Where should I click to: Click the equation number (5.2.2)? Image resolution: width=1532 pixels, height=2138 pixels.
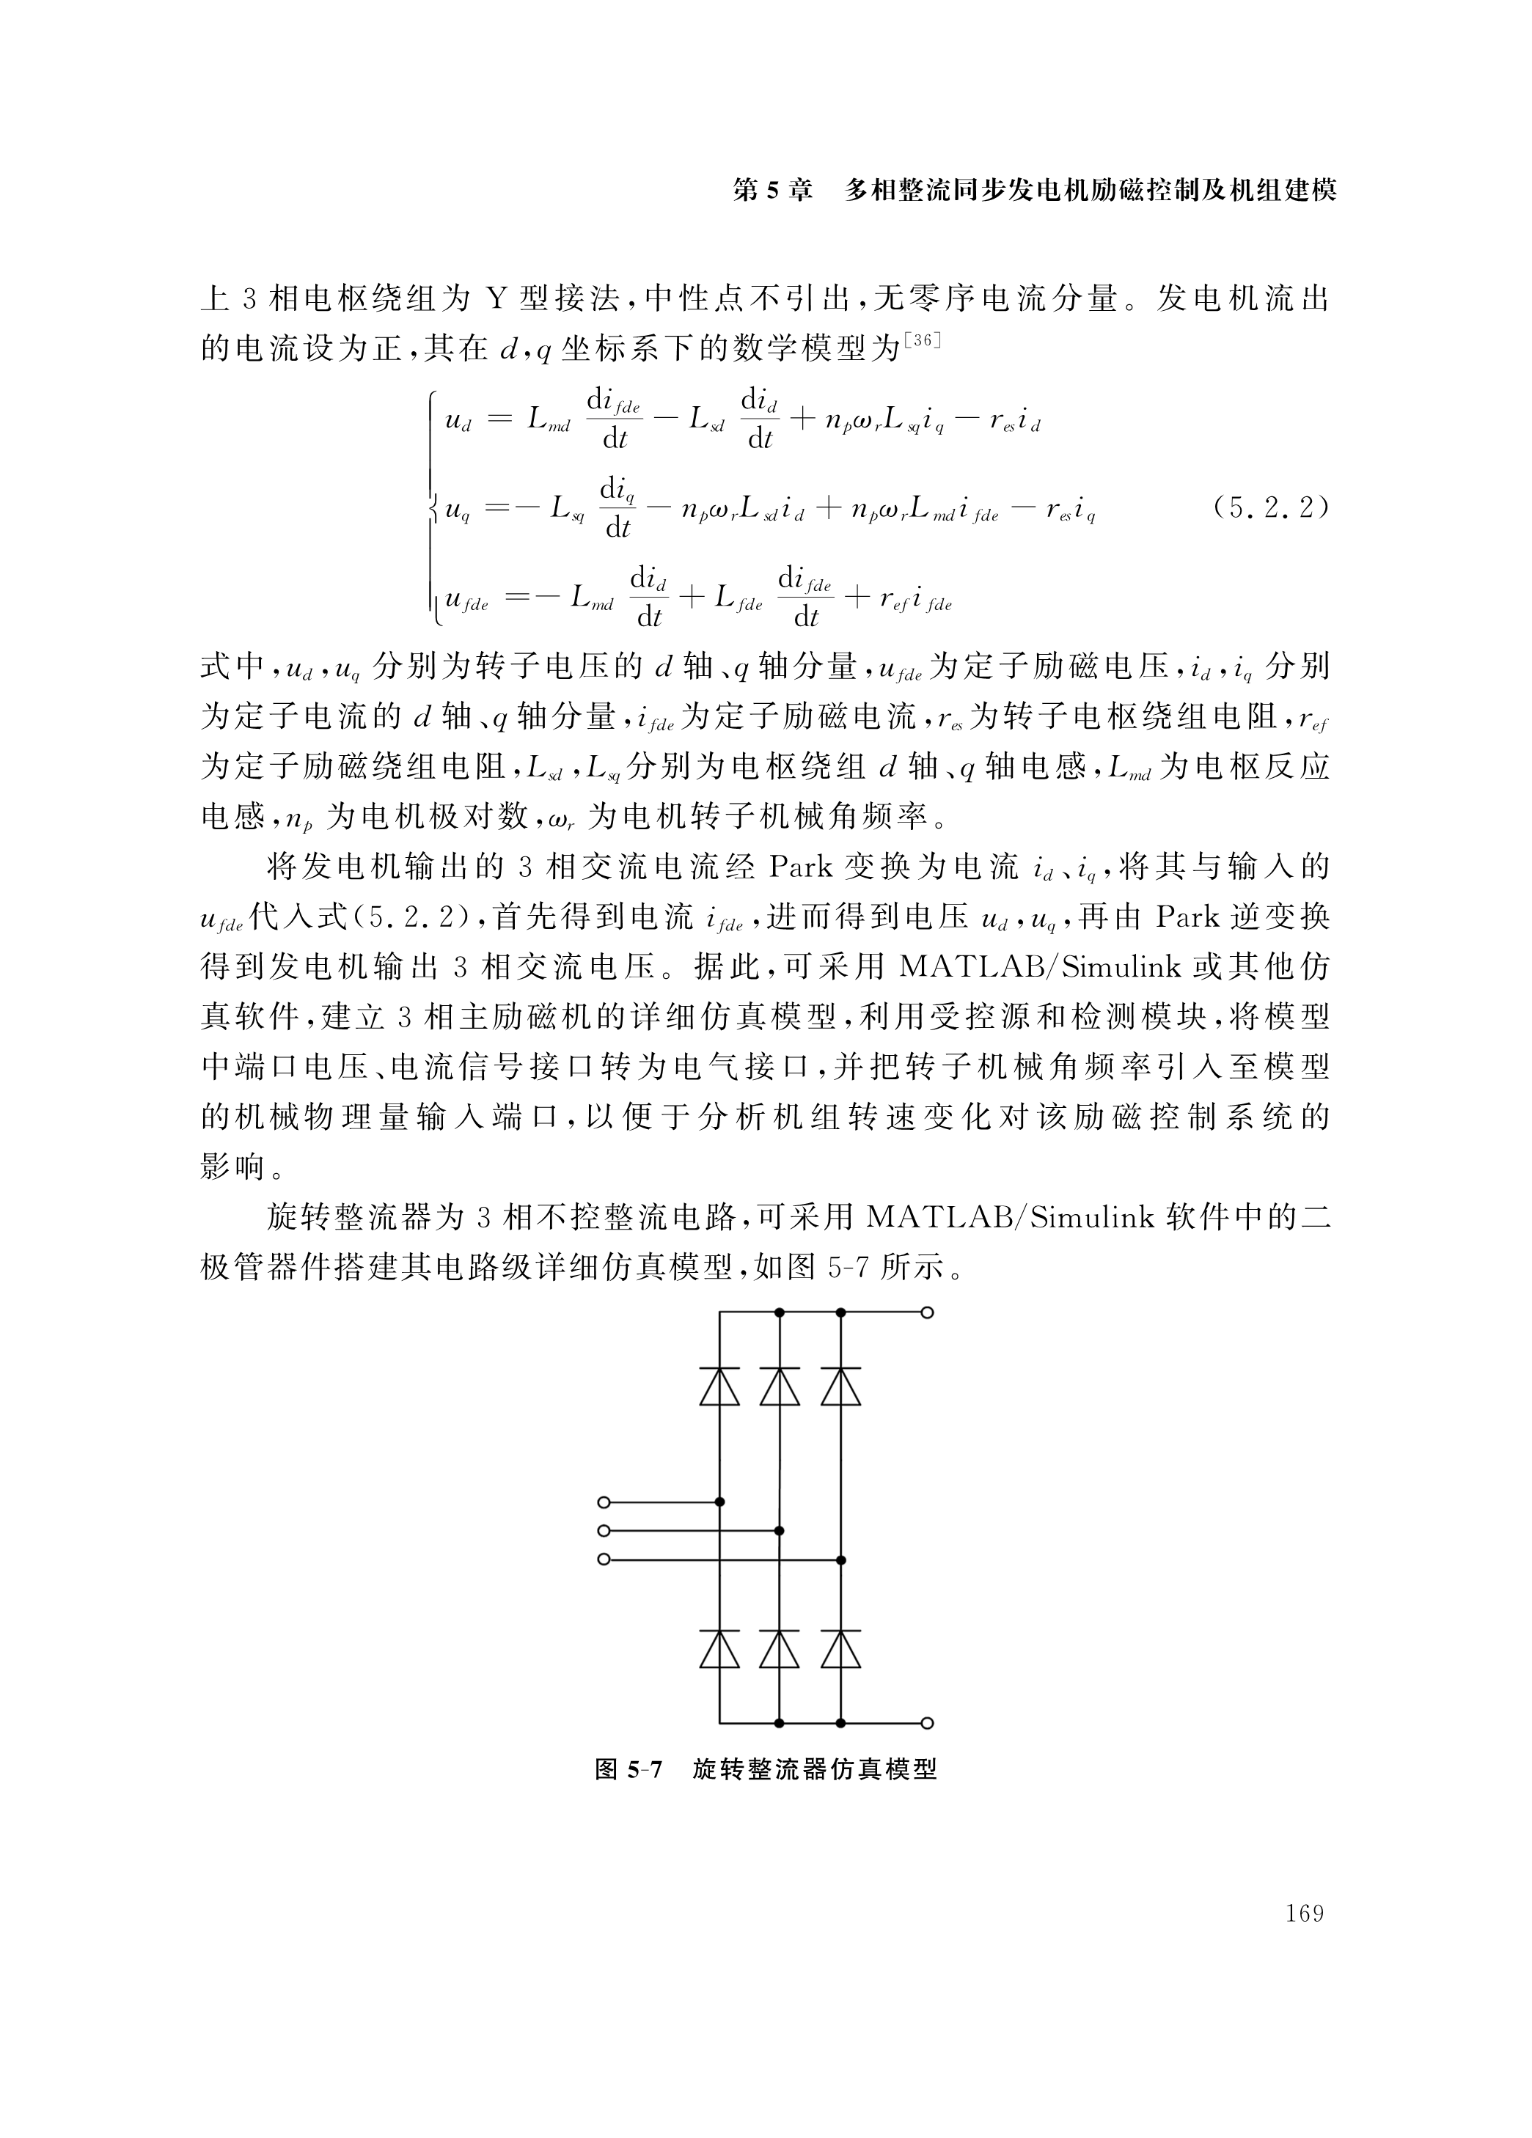1270,508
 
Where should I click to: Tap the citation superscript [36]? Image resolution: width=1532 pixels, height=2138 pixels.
921,339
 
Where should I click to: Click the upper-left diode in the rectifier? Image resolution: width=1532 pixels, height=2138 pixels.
719,1386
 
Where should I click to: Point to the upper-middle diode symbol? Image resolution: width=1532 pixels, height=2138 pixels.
779,1386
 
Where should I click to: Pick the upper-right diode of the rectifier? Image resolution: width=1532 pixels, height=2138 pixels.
840,1386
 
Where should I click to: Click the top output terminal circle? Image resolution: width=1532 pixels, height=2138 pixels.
927,1312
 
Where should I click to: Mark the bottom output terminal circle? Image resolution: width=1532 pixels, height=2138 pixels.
927,1723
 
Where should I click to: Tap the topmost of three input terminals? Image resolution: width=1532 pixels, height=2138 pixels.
604,1502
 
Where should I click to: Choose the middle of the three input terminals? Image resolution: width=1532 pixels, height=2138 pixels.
604,1531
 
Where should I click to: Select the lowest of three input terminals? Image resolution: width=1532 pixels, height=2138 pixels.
604,1560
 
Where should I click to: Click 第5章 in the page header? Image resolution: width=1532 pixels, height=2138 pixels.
772,191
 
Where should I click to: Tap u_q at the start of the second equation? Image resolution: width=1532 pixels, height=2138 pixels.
457,512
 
